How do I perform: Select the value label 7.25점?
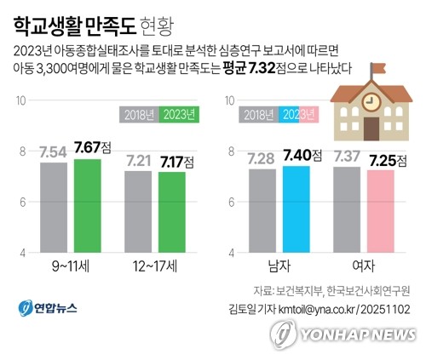click(x=385, y=159)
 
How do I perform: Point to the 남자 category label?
click(x=279, y=266)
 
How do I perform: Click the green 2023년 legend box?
click(x=179, y=114)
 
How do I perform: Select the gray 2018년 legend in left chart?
click(x=138, y=114)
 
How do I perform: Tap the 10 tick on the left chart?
click(x=20, y=100)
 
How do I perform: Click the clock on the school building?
click(x=371, y=101)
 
